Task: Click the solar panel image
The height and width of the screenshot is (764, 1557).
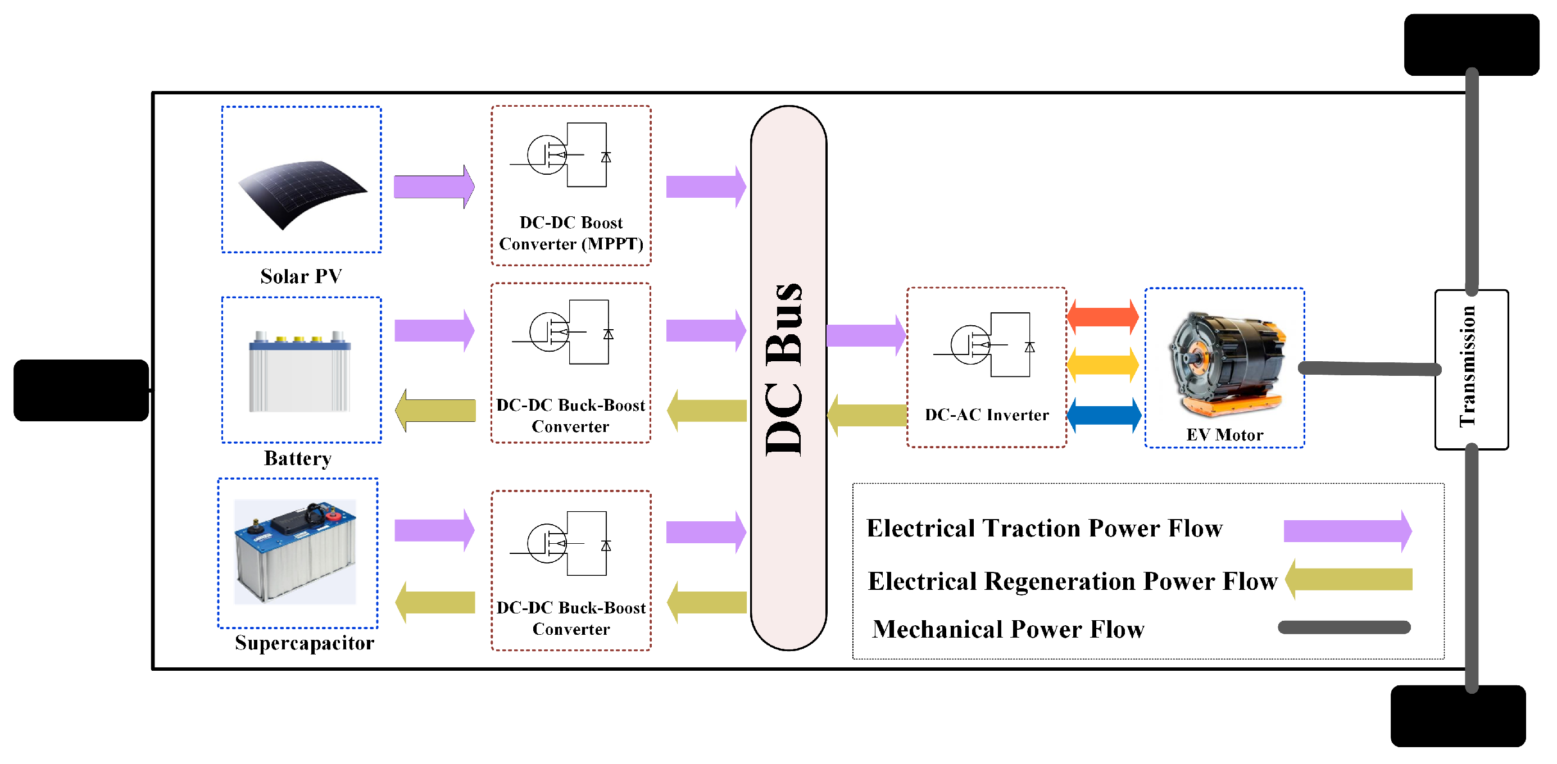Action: coord(302,192)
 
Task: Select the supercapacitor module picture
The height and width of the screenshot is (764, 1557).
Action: coord(296,551)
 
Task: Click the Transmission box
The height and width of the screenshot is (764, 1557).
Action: coord(1470,369)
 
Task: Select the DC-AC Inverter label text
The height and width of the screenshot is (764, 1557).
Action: coord(987,415)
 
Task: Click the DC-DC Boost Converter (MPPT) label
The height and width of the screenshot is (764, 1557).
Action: coord(570,233)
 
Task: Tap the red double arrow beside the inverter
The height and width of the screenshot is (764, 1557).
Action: coord(1102,316)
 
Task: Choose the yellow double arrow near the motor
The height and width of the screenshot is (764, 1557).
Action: coord(1102,365)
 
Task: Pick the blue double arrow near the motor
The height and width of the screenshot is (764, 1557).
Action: coord(1102,415)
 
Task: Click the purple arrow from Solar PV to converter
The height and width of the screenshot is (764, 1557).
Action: coord(433,187)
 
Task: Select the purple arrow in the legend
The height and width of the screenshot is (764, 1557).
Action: coord(1347,531)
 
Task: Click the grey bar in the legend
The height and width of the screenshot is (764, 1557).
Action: coord(1343,627)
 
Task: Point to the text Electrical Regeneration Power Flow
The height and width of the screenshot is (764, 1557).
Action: coord(1072,581)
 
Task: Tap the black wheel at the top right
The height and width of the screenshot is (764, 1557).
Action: coord(1470,45)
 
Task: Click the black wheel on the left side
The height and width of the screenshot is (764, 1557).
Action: coord(81,390)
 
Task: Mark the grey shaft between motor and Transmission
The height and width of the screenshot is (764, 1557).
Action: coord(1369,369)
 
